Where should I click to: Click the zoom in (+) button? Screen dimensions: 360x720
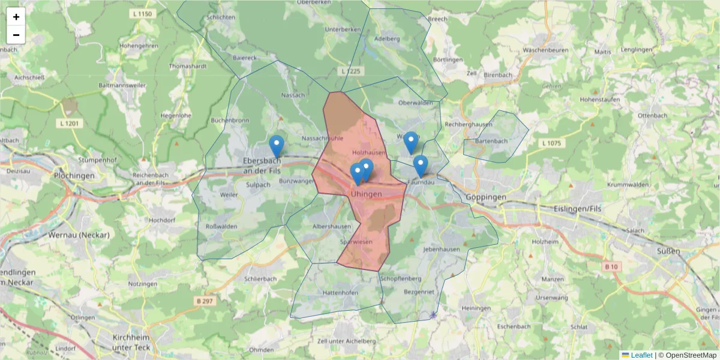click(16, 17)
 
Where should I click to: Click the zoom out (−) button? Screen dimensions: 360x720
click(16, 35)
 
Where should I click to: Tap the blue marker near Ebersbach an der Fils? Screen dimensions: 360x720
click(276, 146)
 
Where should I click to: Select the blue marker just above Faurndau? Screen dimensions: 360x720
click(421, 165)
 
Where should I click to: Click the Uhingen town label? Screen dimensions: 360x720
click(366, 194)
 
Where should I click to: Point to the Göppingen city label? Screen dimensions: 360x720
click(485, 197)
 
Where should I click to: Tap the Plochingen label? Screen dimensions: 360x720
click(74, 176)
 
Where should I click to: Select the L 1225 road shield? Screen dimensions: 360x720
click(352, 71)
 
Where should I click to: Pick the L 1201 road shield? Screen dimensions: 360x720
click(70, 123)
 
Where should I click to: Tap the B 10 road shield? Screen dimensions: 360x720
click(611, 266)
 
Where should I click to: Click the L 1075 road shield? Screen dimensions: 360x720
click(550, 143)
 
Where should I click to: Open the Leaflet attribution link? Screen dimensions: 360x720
click(641, 355)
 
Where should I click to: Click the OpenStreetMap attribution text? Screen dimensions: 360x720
click(691, 355)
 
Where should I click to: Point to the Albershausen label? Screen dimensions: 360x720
click(332, 226)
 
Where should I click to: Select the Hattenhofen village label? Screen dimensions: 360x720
click(340, 292)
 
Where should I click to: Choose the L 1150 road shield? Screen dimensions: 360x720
click(142, 13)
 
